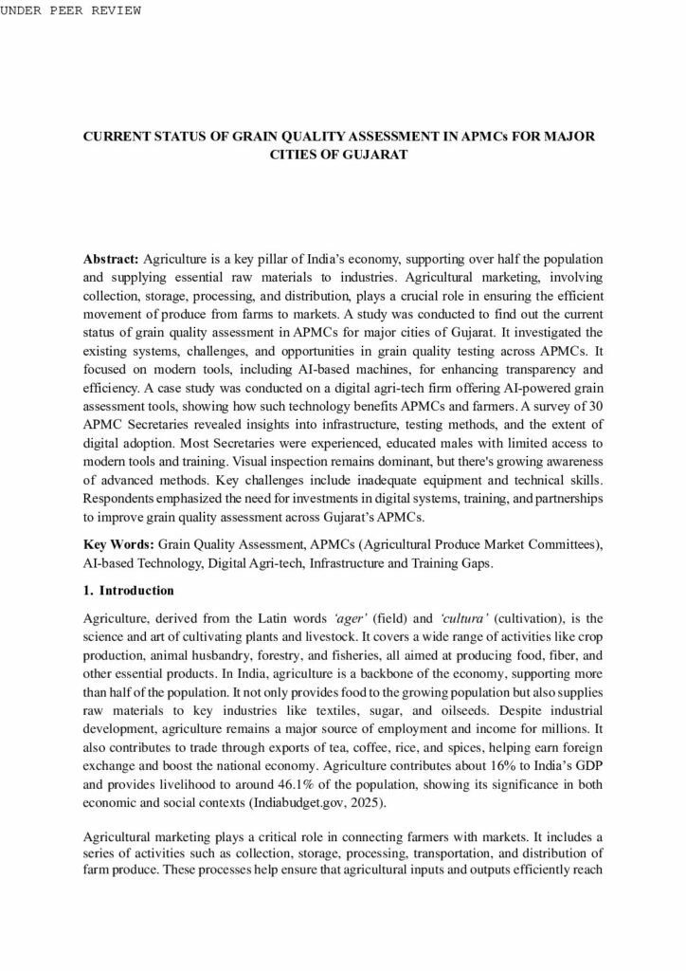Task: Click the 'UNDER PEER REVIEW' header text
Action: [72, 10]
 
